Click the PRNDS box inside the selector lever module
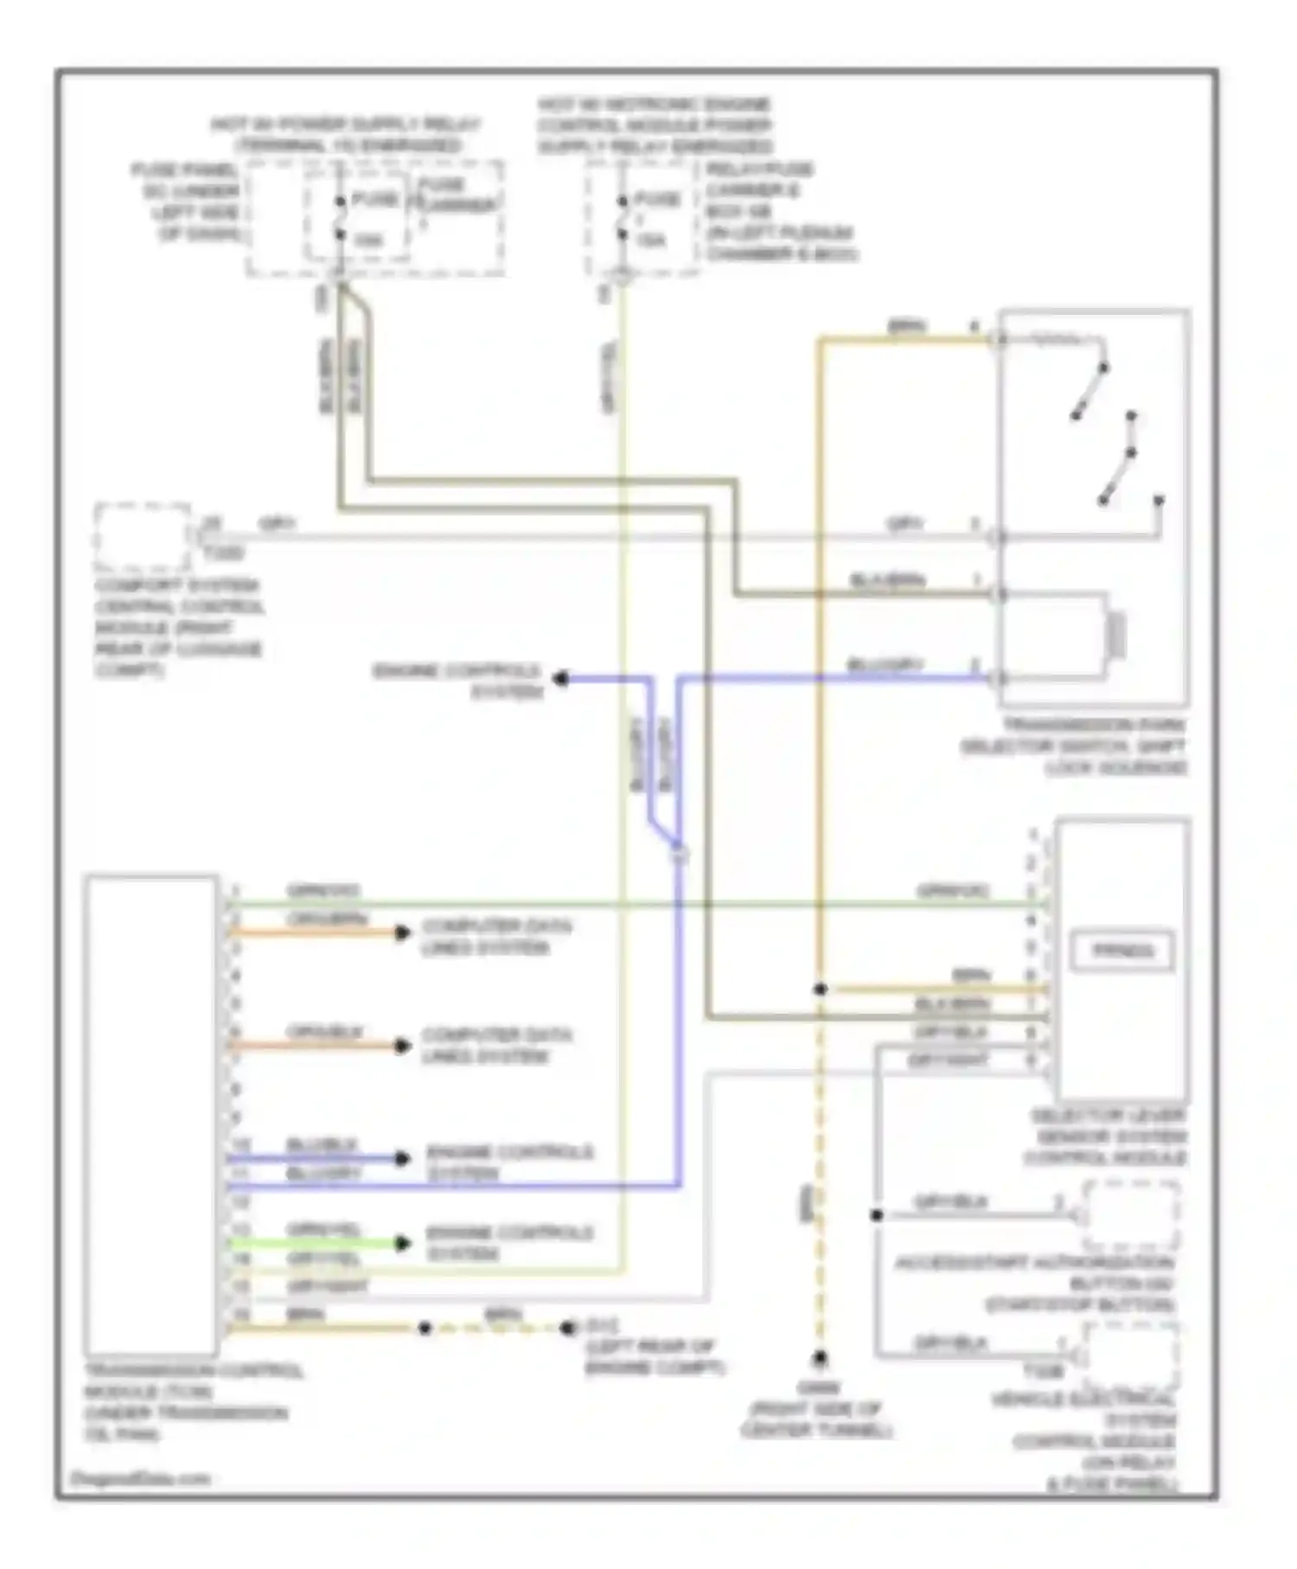(x=1122, y=951)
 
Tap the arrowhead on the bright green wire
(x=402, y=1244)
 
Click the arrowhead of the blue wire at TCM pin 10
(x=402, y=1158)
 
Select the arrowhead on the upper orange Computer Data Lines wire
(x=402, y=932)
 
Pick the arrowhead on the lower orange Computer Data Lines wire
(x=402, y=1046)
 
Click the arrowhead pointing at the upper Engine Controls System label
(x=560, y=679)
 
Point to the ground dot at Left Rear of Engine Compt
(x=568, y=1328)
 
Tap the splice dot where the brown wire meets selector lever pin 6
(x=820, y=989)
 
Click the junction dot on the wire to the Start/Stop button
(x=877, y=1215)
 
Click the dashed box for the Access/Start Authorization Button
(x=1131, y=1215)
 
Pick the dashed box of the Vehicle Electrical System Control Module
(x=1131, y=1358)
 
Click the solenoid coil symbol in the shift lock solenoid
(x=1117, y=636)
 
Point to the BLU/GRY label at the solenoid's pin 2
(x=885, y=665)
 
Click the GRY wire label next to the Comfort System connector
(x=277, y=524)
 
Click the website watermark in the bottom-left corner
(x=139, y=1478)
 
